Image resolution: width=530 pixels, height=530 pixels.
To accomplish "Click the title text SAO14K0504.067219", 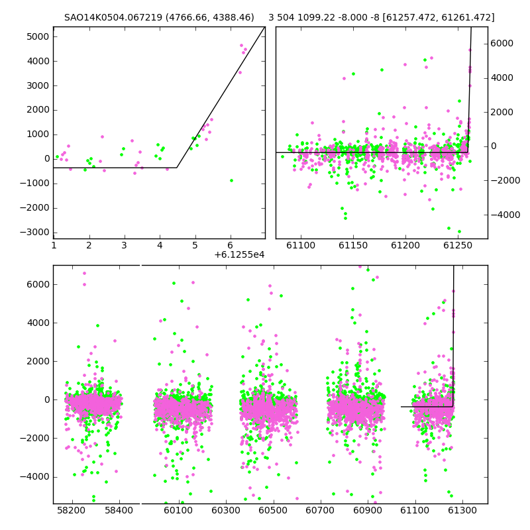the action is click(x=113, y=17).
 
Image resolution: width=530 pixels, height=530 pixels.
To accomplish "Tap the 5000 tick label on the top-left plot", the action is click(x=38, y=36).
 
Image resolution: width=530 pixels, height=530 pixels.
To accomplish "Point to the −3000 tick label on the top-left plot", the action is click(x=34, y=233).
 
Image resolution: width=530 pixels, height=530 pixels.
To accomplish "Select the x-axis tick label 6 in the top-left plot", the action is click(x=230, y=245).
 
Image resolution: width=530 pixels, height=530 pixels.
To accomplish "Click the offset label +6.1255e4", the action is click(x=239, y=254).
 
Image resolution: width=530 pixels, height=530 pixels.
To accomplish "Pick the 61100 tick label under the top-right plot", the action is click(x=301, y=245).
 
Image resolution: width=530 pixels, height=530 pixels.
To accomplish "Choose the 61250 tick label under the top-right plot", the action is click(x=457, y=245).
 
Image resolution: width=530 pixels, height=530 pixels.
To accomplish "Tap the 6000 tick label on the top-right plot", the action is click(x=502, y=43).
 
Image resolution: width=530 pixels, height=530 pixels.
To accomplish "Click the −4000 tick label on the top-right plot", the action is click(x=505, y=215).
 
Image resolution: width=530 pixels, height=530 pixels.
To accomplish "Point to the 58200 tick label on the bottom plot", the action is click(x=72, y=510).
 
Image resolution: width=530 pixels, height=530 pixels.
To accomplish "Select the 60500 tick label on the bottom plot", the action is click(x=273, y=510).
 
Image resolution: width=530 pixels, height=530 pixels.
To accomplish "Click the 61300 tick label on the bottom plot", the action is click(x=462, y=510).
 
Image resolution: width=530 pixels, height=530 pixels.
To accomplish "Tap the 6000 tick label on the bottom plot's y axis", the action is click(x=38, y=284).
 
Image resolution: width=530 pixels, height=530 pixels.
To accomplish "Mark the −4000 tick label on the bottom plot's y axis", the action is click(x=34, y=476).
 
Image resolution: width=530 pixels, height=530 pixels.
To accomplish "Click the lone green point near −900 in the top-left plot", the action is click(x=231, y=180).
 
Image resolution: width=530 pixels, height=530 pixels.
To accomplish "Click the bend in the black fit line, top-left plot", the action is click(x=177, y=168).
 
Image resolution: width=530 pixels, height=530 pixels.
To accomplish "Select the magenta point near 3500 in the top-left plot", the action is click(x=240, y=72).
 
